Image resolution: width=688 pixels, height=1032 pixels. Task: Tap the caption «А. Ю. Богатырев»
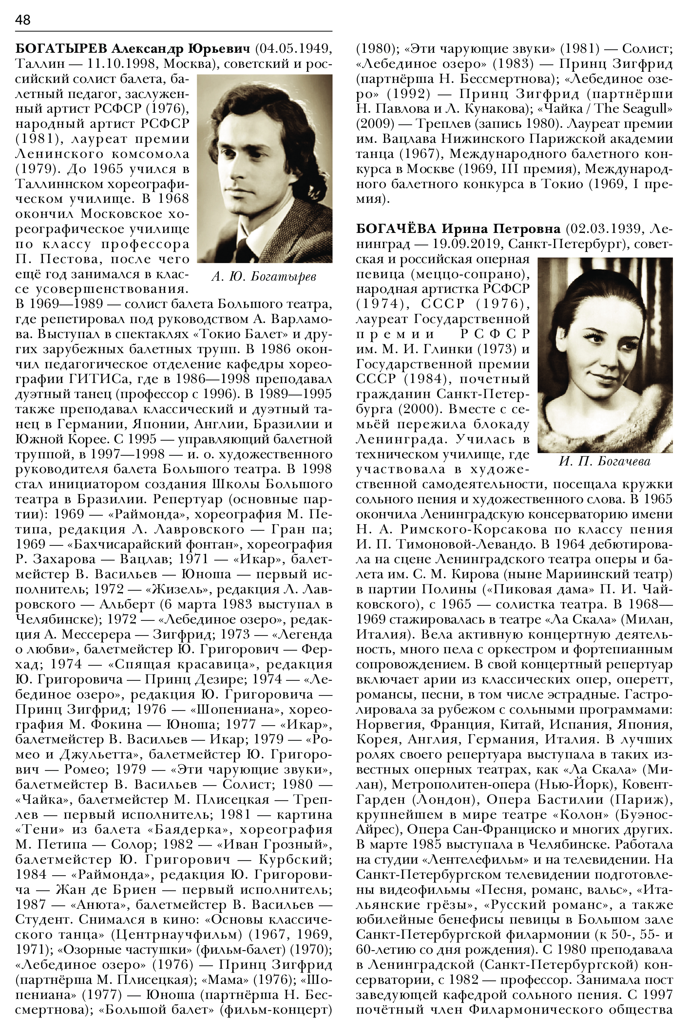coord(263,277)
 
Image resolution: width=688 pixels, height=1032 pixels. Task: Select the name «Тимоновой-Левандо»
coord(445,545)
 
